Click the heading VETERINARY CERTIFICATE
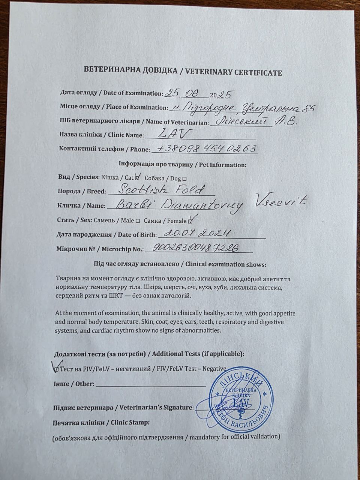pos(228,72)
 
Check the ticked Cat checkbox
pos(138,177)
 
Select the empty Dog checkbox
pos(184,178)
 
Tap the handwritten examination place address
pos(241,108)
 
